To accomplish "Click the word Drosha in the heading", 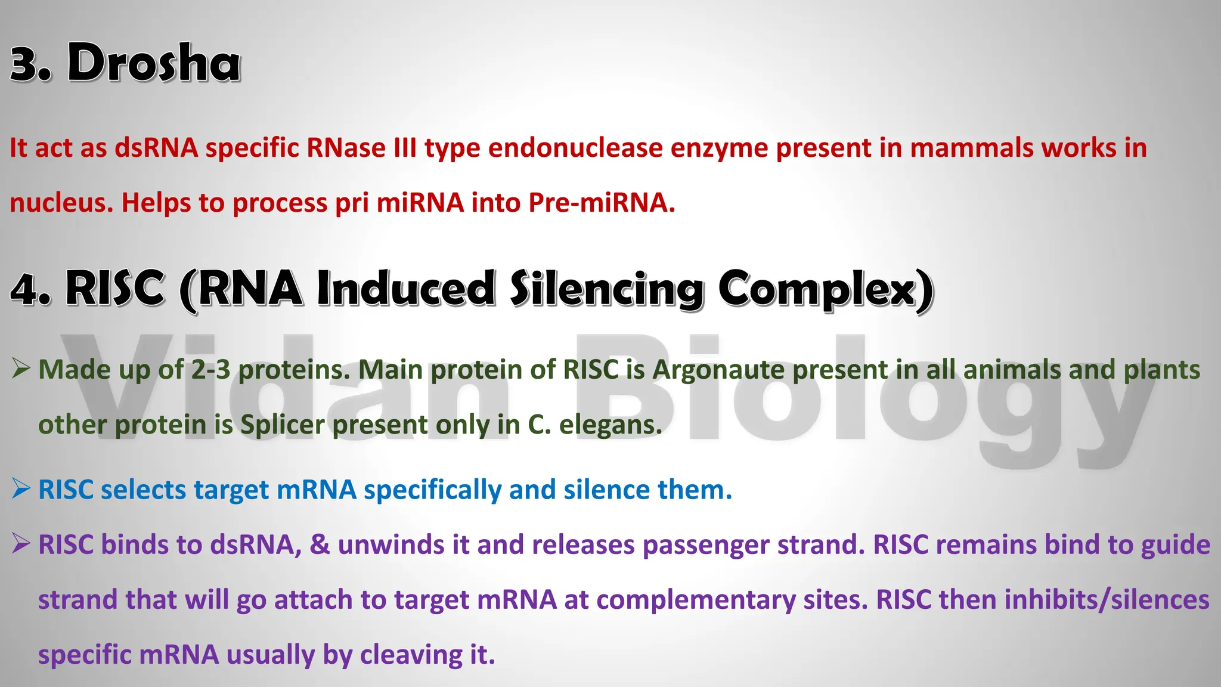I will click(154, 63).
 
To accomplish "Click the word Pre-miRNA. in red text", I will click(602, 203).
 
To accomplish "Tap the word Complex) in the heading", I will click(825, 289).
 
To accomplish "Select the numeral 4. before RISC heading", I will click(30, 290).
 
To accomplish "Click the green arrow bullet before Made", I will click(21, 369).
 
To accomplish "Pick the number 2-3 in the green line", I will click(210, 370).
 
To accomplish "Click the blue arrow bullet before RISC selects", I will click(21, 489).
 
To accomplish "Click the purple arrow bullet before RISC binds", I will click(21, 544).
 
